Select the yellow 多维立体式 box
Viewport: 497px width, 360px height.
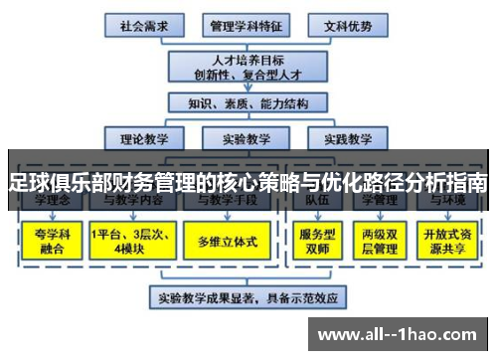coord(228,242)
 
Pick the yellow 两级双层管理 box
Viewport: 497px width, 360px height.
coord(382,242)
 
